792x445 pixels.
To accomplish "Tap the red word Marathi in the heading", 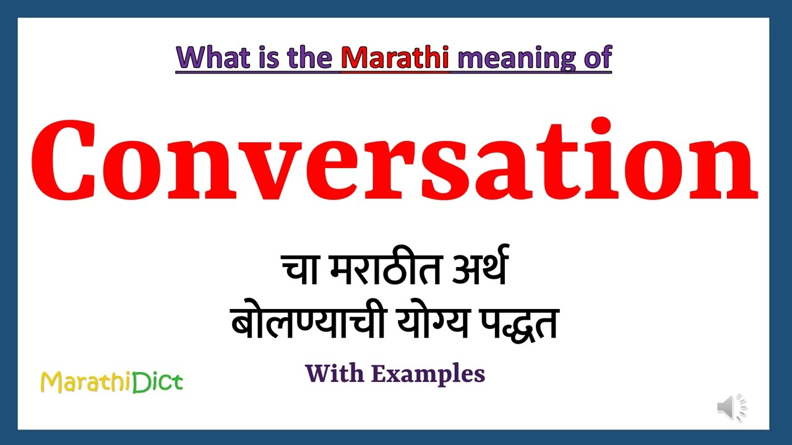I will tap(395, 57).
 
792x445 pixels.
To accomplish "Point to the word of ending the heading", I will tap(595, 57).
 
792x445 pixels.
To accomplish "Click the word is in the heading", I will tap(264, 57).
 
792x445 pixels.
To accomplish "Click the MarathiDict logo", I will tap(111, 382).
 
